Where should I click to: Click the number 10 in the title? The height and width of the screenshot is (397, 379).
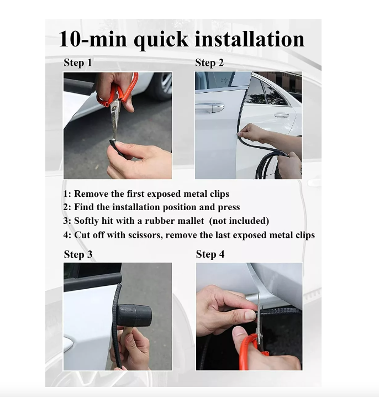pos(70,39)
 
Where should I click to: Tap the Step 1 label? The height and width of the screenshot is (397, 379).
pos(78,62)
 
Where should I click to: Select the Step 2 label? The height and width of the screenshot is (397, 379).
pos(209,63)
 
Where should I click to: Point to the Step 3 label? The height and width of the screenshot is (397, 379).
pos(78,254)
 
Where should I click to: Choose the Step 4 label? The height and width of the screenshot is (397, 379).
pos(210,254)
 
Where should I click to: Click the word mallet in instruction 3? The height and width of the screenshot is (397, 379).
pos(191,221)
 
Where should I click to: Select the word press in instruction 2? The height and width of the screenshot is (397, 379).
pos(229,207)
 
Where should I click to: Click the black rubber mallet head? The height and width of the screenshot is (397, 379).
pos(134,316)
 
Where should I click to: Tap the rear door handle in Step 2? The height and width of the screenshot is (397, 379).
pos(282,115)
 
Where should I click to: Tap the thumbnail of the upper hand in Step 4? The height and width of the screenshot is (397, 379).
pos(250,315)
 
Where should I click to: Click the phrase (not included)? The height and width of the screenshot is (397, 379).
pos(239,221)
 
